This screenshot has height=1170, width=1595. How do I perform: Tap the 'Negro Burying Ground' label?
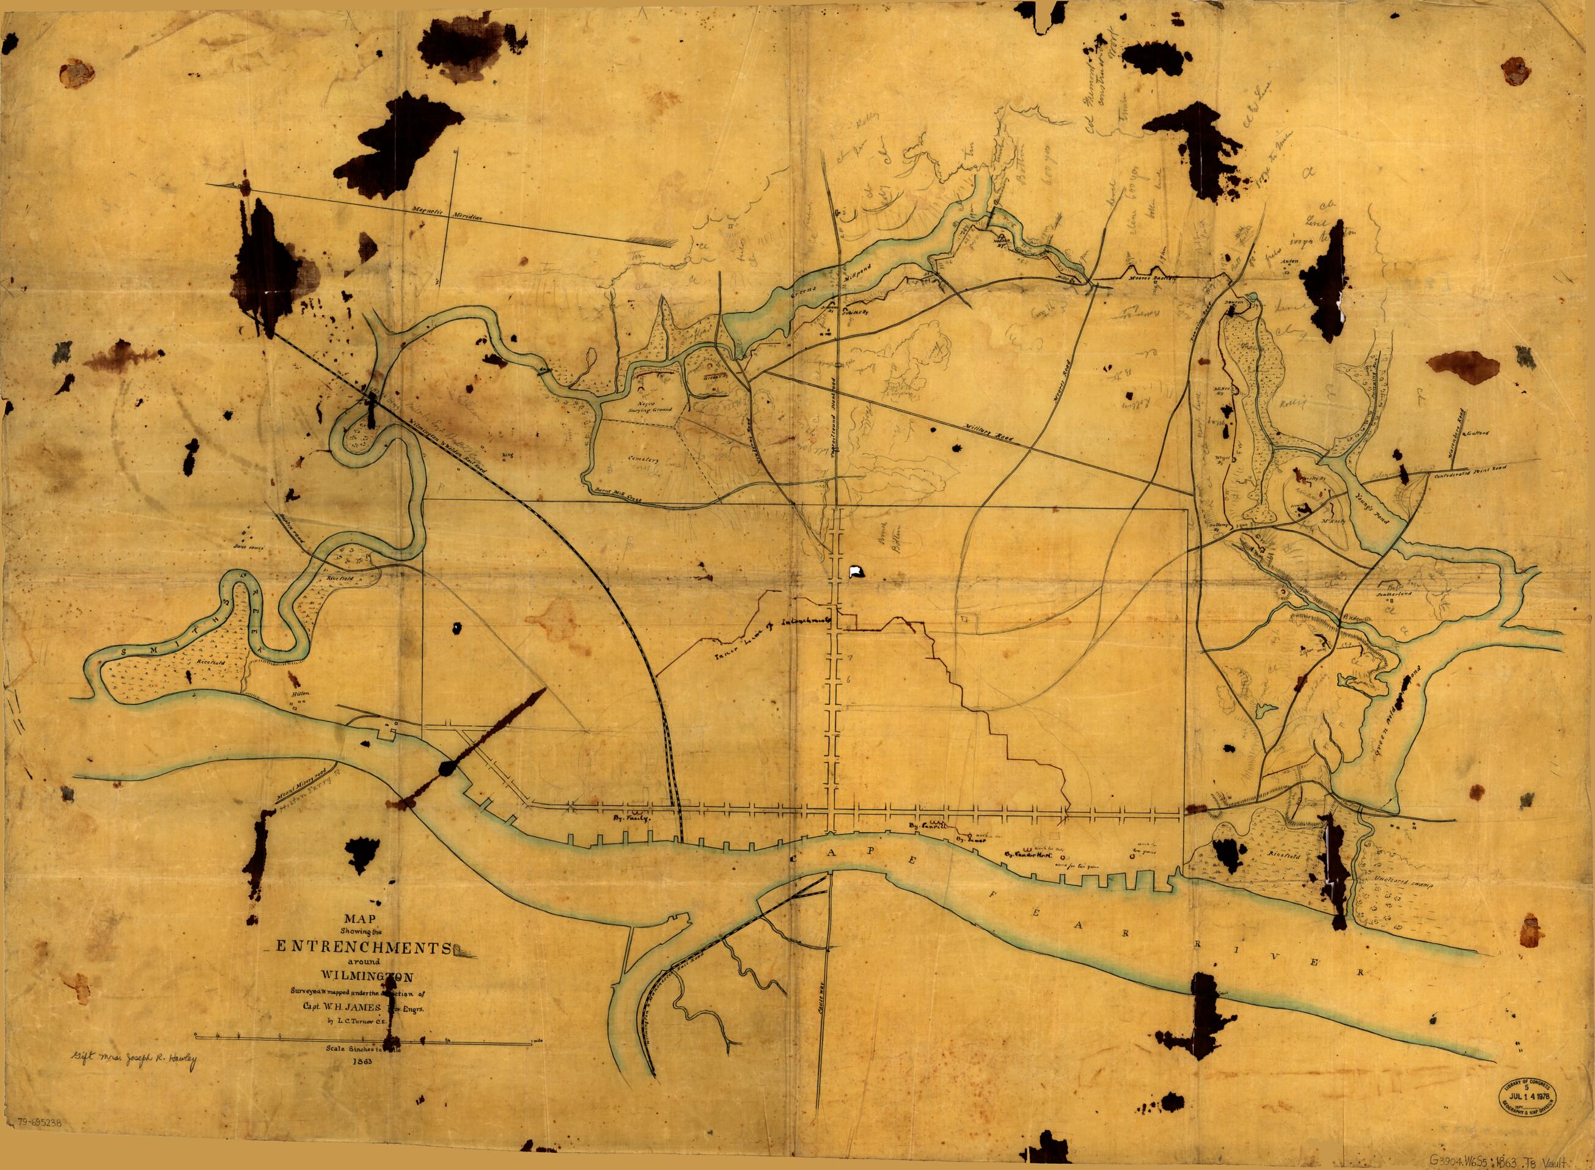point(655,404)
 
